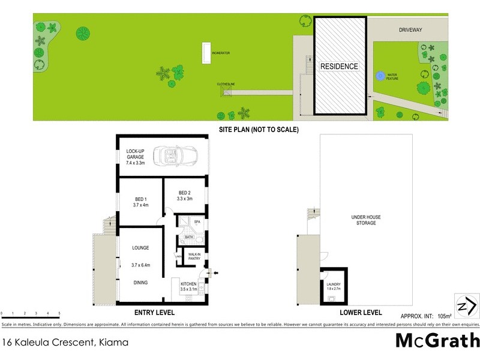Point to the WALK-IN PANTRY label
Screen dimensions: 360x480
coord(194,256)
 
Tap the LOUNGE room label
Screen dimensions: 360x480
coord(140,248)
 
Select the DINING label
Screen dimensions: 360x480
coord(140,282)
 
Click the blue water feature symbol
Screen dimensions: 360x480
coord(380,76)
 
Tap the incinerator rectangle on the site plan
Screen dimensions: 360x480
coord(207,53)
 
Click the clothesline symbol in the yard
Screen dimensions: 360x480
coord(227,92)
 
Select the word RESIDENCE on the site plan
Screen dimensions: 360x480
coord(338,66)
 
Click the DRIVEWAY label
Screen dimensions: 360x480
coord(411,28)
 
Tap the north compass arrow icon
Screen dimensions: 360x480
coord(466,306)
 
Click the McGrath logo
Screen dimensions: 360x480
coord(437,341)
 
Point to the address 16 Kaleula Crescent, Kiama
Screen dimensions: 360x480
coord(65,343)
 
